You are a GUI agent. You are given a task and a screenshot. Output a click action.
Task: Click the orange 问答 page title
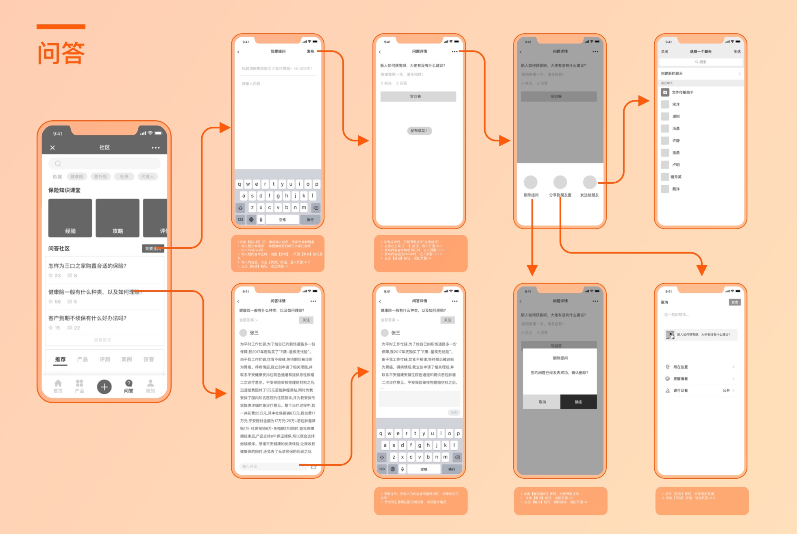click(61, 53)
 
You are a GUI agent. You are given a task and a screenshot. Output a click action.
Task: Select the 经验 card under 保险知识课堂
click(70, 218)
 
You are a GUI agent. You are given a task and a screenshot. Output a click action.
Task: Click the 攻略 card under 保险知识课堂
click(118, 218)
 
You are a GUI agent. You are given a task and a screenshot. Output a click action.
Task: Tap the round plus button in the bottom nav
click(104, 386)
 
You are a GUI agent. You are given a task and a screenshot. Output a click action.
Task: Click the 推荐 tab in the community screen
click(60, 359)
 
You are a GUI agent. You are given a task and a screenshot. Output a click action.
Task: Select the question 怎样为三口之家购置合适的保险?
click(87, 266)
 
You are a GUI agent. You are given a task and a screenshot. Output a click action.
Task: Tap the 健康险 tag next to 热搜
click(77, 176)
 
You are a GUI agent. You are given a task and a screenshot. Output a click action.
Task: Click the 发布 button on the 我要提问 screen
click(310, 52)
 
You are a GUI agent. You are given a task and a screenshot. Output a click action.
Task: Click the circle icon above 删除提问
click(530, 182)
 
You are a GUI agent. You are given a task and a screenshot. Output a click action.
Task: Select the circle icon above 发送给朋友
click(590, 182)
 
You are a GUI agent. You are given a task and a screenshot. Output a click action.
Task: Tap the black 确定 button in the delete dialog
click(578, 402)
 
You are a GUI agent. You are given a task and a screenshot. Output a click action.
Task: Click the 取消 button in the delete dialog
click(542, 402)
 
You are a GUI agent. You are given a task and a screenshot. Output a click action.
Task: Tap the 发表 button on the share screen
click(734, 302)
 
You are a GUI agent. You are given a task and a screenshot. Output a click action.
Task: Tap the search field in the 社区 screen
click(105, 163)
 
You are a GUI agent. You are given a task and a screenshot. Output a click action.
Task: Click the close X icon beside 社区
click(52, 148)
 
